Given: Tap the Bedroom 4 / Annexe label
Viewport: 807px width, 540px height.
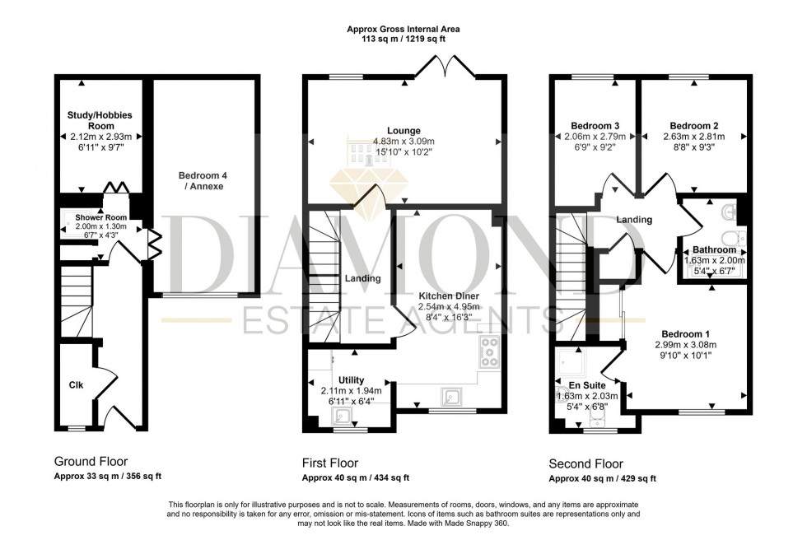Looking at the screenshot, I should (x=203, y=181).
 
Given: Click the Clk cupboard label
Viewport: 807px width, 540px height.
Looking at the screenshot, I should (x=75, y=384).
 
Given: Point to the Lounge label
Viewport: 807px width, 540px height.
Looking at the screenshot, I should (x=404, y=130).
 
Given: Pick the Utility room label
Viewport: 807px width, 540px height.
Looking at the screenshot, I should (x=351, y=379).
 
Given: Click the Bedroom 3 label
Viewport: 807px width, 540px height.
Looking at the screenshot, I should (x=595, y=126).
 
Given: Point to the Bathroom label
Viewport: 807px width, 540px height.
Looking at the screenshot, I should (x=713, y=249).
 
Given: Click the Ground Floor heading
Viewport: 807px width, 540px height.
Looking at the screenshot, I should (x=91, y=462).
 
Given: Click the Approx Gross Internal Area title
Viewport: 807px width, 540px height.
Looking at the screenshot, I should (x=403, y=29).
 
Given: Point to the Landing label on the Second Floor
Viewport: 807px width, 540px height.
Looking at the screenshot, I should (x=635, y=220).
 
